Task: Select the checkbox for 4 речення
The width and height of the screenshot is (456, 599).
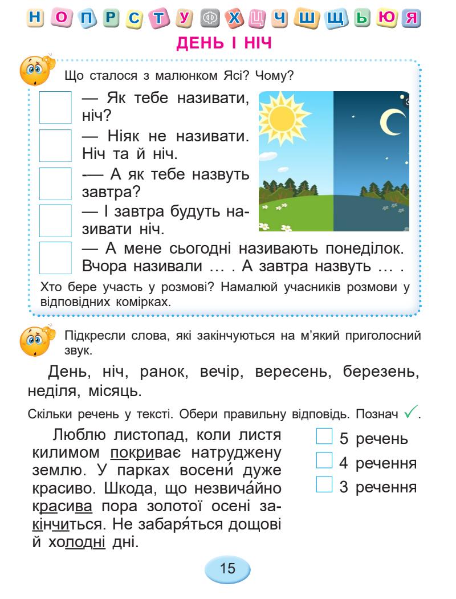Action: [x=323, y=462]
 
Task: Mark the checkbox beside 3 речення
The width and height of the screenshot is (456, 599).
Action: [x=323, y=486]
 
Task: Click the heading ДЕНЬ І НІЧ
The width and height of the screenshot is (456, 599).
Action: [x=227, y=42]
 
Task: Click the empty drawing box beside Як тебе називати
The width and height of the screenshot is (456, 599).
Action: [x=55, y=108]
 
